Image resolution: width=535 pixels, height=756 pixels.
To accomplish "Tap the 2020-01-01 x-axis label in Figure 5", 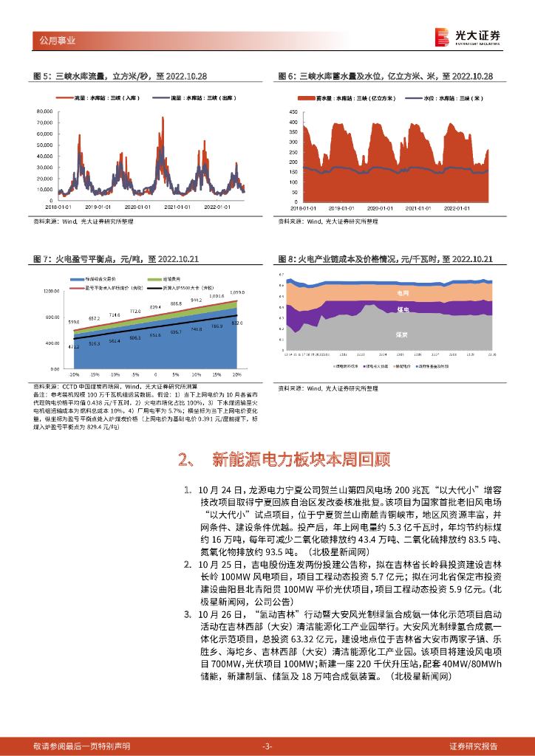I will pyautogui.click(x=138, y=207).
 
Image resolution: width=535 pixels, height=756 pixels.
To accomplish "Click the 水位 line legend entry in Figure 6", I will pyautogui.click(x=433, y=97).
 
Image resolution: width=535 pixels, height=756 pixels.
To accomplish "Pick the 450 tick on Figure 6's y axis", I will pyautogui.click(x=293, y=111).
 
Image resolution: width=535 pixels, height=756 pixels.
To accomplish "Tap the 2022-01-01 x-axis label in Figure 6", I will pyautogui.click(x=459, y=207).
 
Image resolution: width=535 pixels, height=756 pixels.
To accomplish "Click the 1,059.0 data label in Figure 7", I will pyautogui.click(x=236, y=292).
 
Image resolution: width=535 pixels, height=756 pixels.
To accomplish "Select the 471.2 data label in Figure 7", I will pyautogui.click(x=73, y=347).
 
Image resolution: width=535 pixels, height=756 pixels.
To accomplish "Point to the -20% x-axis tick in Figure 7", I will pyautogui.click(x=73, y=374).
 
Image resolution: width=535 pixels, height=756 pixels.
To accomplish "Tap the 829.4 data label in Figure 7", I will pyautogui.click(x=155, y=307).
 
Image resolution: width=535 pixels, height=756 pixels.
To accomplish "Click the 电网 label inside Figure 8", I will pyautogui.click(x=403, y=293).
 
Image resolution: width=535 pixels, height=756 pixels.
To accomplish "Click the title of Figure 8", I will pyautogui.click(x=385, y=259).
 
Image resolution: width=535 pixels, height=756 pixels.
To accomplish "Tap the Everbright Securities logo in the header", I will pyautogui.click(x=466, y=36).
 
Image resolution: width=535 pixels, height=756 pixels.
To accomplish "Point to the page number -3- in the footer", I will pyautogui.click(x=267, y=746).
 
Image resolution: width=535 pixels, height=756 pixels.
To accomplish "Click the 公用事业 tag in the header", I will pyautogui.click(x=56, y=41).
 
